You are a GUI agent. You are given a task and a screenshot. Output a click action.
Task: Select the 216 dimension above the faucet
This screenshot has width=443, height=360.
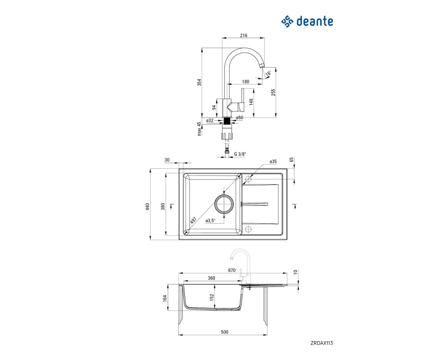(243, 35)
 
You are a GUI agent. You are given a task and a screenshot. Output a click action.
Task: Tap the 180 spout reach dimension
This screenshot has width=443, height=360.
(245, 81)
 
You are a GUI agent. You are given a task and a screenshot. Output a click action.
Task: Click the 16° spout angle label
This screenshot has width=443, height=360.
(268, 73)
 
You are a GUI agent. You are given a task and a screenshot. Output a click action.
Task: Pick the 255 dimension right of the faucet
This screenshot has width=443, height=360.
(273, 92)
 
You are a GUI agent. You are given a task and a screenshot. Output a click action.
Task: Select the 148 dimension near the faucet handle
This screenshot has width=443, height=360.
(251, 102)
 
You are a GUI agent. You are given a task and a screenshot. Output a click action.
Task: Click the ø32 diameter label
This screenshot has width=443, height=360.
(210, 119)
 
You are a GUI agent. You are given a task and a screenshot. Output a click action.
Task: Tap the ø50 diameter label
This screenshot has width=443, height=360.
(240, 118)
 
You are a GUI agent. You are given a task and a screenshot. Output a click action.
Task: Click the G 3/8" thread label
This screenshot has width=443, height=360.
(239, 154)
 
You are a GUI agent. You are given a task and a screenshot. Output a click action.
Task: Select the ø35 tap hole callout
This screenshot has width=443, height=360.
(273, 162)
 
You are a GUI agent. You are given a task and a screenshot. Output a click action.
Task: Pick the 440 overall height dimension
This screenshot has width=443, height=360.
(147, 206)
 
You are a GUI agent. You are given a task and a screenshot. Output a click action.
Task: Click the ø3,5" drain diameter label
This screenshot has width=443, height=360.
(210, 220)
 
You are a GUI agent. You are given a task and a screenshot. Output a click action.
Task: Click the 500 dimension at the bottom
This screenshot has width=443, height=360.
(224, 332)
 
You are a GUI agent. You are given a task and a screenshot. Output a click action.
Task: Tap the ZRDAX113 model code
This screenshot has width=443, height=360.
(321, 343)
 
